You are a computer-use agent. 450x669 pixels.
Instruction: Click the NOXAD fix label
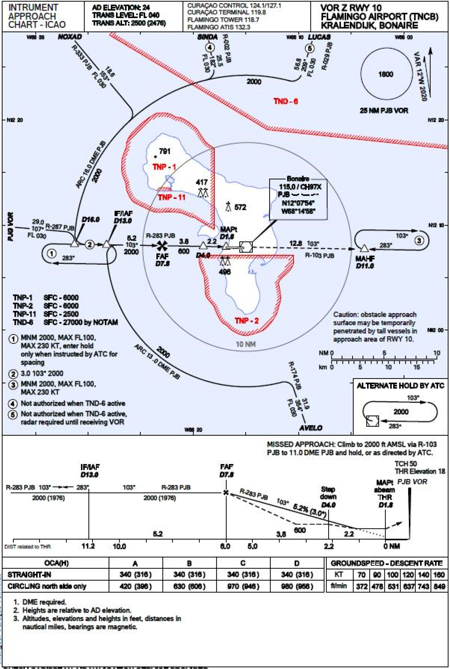click(70, 37)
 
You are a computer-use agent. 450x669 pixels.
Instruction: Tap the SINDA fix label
click(207, 37)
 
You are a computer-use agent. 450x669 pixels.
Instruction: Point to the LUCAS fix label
click(319, 37)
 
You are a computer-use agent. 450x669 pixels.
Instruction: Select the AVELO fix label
click(310, 428)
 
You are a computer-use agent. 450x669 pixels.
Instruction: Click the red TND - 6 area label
click(285, 101)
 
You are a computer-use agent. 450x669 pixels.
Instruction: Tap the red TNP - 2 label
click(246, 321)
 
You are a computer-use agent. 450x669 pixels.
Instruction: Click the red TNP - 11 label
click(171, 197)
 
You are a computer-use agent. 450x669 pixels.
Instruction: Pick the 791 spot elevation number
click(165, 151)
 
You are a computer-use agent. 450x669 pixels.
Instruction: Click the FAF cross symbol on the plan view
click(162, 246)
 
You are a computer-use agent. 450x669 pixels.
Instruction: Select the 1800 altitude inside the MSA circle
click(385, 74)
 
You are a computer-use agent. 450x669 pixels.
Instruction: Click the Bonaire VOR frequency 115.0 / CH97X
click(300, 187)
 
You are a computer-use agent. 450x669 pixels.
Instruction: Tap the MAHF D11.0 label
click(365, 262)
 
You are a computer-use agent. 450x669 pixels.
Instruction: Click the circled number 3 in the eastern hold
click(419, 240)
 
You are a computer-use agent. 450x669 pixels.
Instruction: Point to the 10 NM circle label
click(246, 344)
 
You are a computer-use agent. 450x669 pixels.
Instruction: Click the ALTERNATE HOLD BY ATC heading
click(400, 386)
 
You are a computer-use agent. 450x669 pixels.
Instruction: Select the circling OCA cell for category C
click(243, 586)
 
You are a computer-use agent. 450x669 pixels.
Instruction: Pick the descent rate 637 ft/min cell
click(408, 586)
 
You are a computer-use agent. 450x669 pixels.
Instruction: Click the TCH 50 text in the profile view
click(405, 464)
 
